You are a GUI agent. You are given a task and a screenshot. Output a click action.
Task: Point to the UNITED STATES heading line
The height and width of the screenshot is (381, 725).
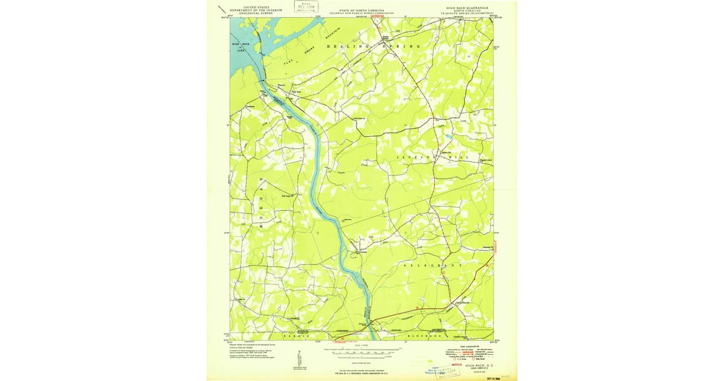pos(254,5)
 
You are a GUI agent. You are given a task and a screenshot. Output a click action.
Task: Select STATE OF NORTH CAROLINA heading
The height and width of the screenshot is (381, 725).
pos(362,10)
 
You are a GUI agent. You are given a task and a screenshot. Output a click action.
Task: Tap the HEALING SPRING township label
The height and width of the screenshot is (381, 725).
pos(373,47)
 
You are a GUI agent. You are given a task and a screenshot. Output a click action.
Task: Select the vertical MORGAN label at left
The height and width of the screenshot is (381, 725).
pos(262,199)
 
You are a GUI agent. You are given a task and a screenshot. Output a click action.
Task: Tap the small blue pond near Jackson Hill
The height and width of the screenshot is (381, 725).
pos(448,137)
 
